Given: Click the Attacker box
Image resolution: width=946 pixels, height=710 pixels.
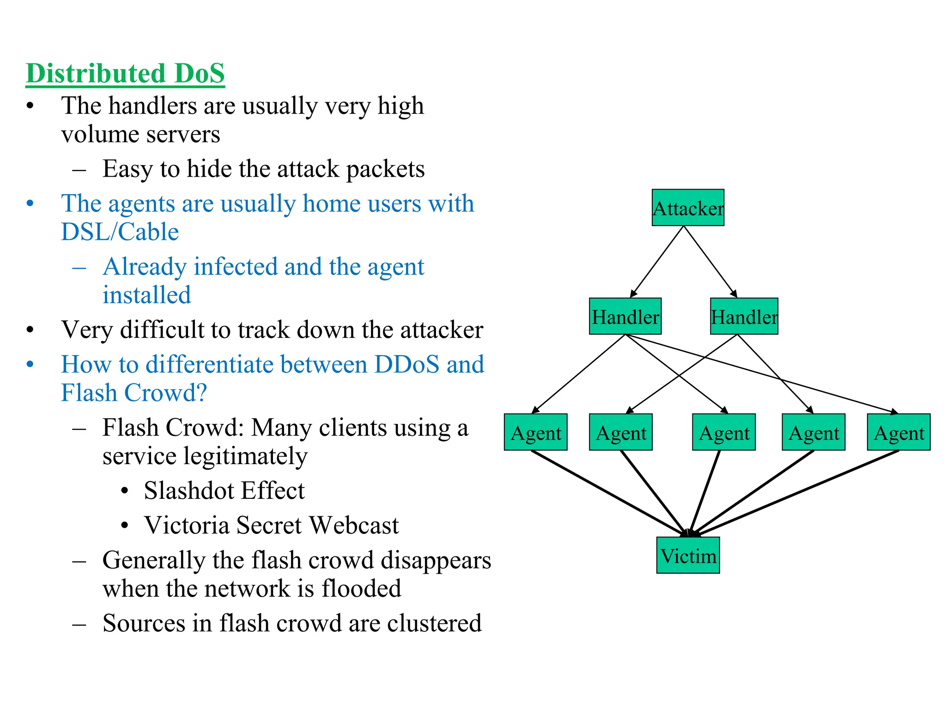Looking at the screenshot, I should [x=687, y=208].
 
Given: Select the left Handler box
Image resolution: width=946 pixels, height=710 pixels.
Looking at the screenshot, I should [x=625, y=316].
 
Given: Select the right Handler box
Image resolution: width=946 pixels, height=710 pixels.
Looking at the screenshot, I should [x=744, y=316].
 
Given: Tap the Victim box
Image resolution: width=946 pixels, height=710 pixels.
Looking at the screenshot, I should [x=688, y=555].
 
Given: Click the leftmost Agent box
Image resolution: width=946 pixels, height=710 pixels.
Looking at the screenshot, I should [x=535, y=432].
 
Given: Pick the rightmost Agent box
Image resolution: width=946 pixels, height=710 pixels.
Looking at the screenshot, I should [x=898, y=432].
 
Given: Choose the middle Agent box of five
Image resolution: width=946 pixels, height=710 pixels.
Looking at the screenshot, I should [x=723, y=432].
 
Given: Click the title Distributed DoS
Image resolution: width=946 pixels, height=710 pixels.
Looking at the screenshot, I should [x=125, y=73].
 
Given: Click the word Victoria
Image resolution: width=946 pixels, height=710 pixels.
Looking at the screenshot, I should [x=187, y=525].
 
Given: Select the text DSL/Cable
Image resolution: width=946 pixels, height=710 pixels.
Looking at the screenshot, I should [x=120, y=232].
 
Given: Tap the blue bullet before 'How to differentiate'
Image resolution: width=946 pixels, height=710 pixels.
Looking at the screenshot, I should [x=30, y=364].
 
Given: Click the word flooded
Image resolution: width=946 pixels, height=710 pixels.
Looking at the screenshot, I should [x=361, y=588].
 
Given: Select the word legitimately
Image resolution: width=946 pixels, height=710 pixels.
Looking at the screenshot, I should [x=205, y=456].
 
